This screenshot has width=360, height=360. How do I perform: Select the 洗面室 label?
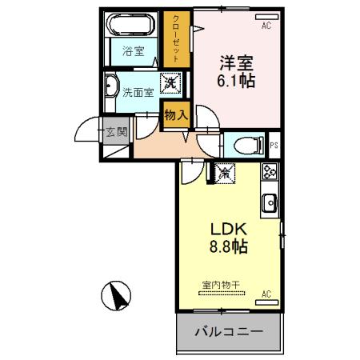click(x=137, y=91)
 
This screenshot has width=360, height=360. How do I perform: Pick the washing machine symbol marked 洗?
click(x=170, y=82)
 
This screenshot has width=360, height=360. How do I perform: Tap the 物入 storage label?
click(x=175, y=115)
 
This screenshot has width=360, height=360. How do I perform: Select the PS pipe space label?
click(x=274, y=146)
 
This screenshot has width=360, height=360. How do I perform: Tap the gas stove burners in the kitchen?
click(x=269, y=170)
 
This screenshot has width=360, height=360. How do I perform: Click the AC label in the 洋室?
click(x=266, y=26)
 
